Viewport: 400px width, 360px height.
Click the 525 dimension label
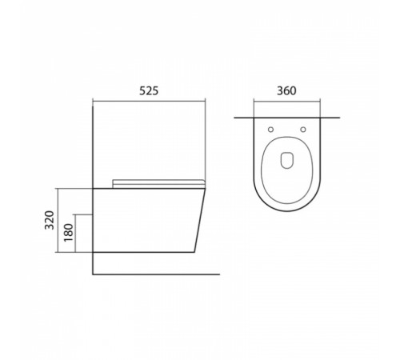point(149,91)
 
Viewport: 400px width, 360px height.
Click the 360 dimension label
point(286,91)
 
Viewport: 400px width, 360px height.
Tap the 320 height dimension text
point(50,220)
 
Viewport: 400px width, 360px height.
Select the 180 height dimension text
point(69,233)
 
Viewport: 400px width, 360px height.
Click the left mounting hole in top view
point(270,130)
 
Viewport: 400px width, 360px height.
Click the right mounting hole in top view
point(303,130)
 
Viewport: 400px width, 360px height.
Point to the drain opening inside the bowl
point(287,160)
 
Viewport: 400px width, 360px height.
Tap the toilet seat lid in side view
point(159,183)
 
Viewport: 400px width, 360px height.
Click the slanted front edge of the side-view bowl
point(200,220)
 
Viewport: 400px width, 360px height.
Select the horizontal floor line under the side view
point(156,274)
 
